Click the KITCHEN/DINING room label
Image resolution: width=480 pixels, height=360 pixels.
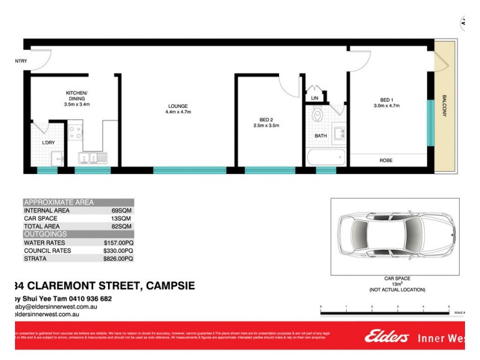[77, 97]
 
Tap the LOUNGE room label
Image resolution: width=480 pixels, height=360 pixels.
[178, 106]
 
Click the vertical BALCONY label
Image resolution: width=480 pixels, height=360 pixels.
[445, 106]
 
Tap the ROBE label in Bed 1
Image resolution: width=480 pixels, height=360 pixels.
[386, 160]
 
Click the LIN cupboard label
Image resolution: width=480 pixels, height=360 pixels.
[314, 98]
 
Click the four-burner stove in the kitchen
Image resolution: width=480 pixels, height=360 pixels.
[75, 132]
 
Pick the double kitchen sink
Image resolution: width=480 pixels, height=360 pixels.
[94, 158]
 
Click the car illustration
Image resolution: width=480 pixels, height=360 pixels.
[394, 235]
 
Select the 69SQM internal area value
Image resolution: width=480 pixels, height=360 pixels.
[122, 211]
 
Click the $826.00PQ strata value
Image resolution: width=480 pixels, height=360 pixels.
[118, 259]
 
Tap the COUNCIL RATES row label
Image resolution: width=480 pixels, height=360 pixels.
[47, 251]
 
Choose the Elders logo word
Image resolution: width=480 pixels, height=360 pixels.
[386, 337]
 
